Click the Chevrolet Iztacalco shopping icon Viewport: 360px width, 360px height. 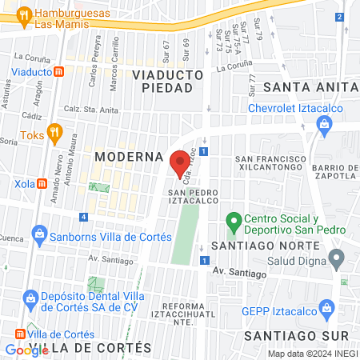[x=324, y=123]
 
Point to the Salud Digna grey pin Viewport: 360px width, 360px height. [x=337, y=258]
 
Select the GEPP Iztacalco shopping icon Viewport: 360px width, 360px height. [x=326, y=307]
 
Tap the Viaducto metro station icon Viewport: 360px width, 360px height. [x=60, y=72]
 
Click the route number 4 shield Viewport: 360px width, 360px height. [x=84, y=217]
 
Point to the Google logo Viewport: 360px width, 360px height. [x=26, y=350]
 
